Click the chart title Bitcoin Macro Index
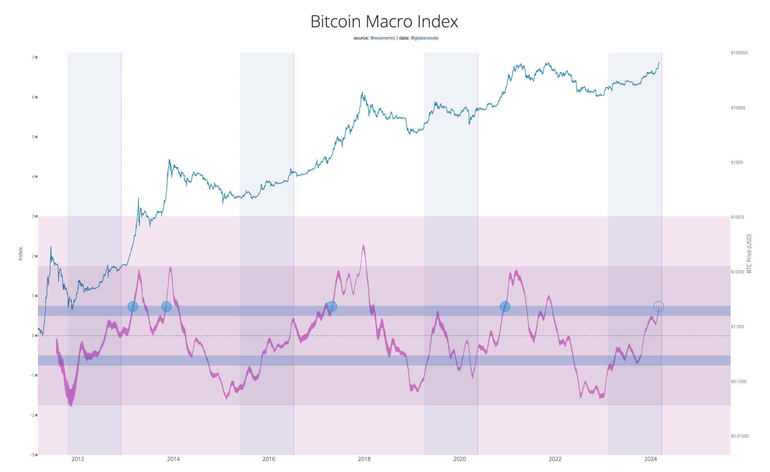pos(384,22)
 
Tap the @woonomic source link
pos(383,38)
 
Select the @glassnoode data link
pos(424,38)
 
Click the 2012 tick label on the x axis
pos(78,459)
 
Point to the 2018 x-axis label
pos(364,459)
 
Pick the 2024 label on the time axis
pos(650,459)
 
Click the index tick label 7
pos(33,57)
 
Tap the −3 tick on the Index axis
pos(32,455)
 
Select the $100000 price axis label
pos(739,53)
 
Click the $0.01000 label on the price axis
pos(740,436)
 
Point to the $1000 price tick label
pos(737,162)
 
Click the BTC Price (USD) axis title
pos(749,254)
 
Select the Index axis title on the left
pos(21,254)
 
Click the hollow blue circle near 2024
pos(658,306)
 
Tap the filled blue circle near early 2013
pos(133,306)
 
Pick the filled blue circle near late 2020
pos(505,306)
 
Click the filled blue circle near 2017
pos(331,306)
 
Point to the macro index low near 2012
pos(71,406)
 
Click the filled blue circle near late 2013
pos(166,306)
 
